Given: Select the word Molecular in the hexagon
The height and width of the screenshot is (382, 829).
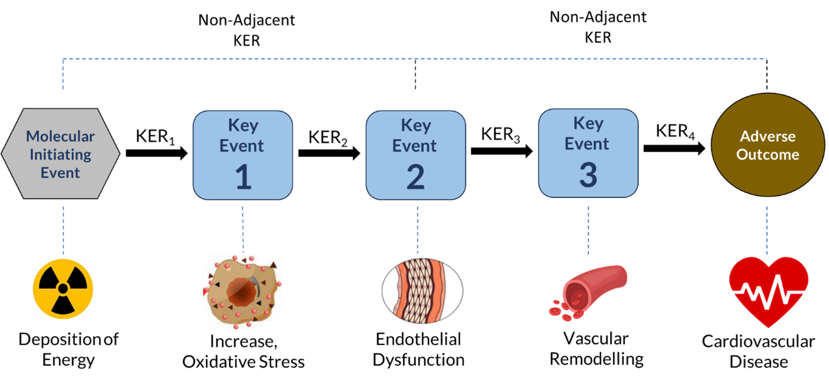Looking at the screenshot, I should pos(60,136).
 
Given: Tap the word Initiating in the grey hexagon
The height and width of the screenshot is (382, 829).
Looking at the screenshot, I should pos(60,155).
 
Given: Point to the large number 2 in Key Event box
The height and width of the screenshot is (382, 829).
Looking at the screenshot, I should pos(416,178).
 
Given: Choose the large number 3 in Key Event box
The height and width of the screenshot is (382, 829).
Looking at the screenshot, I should pos(588,175).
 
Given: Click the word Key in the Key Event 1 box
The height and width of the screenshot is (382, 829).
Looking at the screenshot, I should pos(243,126).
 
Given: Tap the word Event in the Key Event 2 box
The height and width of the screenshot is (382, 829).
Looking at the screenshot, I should pos(415,146).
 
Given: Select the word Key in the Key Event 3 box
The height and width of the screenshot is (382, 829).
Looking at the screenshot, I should pos(588,124).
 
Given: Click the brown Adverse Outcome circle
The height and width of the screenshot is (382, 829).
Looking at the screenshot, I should pos(767,145).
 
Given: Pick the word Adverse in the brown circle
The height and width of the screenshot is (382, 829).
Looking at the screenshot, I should pos(767,136).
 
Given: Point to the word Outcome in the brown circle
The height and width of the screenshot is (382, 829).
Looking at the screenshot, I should pos(767,154).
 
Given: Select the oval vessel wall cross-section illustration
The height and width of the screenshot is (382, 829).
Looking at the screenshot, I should pos(422,292).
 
